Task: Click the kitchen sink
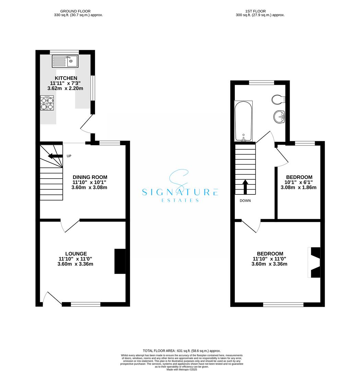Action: (x=65, y=62)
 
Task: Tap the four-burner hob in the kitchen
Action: (x=47, y=104)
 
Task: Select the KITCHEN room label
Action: (x=66, y=78)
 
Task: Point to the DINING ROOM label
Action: (x=88, y=177)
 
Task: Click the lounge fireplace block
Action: (x=119, y=261)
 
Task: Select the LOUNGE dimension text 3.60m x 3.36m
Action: (x=76, y=264)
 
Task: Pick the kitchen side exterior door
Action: (x=87, y=124)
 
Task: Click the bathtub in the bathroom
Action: (x=243, y=121)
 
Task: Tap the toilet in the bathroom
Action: (x=278, y=100)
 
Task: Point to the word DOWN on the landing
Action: (x=245, y=201)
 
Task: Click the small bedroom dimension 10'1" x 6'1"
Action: (x=299, y=182)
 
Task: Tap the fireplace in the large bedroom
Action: (x=314, y=262)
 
